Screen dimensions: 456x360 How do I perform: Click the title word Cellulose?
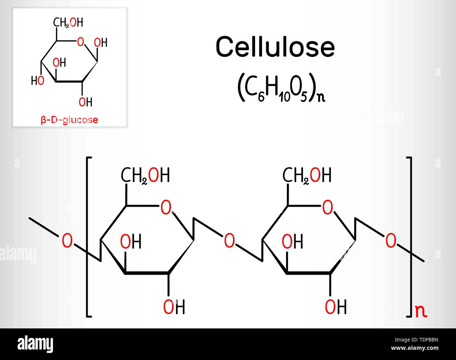click(275, 46)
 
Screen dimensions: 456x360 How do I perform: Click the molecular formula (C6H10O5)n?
click(281, 88)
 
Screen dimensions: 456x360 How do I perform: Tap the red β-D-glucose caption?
click(69, 120)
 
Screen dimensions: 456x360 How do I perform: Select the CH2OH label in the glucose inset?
click(68, 22)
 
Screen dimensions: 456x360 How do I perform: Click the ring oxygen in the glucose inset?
click(81, 42)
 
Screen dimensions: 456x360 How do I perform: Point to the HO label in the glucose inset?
click(38, 81)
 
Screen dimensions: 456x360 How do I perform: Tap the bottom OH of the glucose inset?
click(86, 102)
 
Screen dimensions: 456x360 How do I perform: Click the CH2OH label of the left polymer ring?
click(145, 175)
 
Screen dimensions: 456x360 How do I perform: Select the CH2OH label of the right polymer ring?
click(307, 175)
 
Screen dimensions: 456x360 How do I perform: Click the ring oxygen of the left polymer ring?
click(166, 207)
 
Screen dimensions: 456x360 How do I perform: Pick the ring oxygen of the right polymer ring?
click(327, 207)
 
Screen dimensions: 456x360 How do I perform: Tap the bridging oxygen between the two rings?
click(229, 240)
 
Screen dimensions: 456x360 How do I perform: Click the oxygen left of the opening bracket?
click(67, 240)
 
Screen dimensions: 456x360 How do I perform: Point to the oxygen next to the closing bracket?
click(391, 240)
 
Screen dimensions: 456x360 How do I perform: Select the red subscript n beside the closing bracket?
click(421, 312)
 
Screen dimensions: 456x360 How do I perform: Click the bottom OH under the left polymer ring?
click(174, 307)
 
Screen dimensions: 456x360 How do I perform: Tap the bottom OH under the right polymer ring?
click(336, 307)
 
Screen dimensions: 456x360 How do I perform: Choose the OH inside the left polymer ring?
click(131, 241)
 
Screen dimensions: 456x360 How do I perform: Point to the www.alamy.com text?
click(415, 348)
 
